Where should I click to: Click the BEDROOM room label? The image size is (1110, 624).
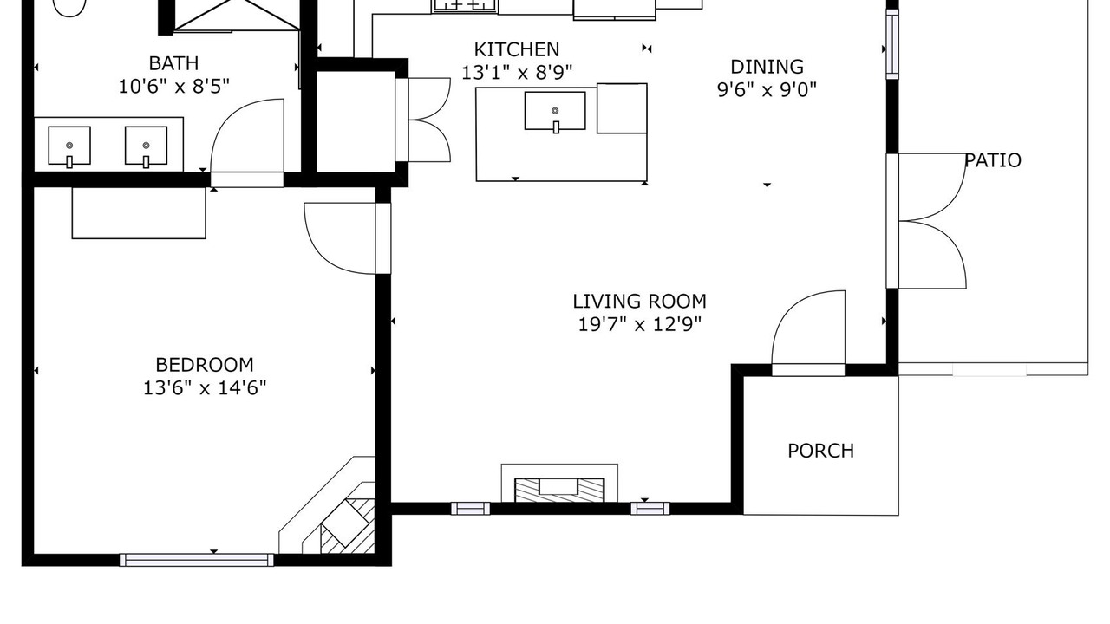click(205, 365)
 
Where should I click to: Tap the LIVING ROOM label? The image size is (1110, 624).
click(639, 302)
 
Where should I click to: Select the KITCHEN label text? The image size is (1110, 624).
click(517, 50)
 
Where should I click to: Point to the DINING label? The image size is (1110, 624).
click(767, 67)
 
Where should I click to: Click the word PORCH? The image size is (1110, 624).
click(821, 451)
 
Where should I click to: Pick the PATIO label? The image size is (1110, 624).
click(993, 160)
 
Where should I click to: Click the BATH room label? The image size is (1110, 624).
click(174, 63)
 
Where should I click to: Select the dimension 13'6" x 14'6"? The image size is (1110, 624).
click(205, 387)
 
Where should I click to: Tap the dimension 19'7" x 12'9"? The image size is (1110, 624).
click(640, 324)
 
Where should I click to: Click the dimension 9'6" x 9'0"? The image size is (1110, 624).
click(767, 89)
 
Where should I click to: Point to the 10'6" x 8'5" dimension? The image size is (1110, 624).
click(174, 86)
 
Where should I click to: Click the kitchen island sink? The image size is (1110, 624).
click(555, 112)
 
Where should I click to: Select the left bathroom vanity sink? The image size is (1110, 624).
click(69, 146)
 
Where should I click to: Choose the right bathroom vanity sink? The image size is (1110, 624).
click(147, 146)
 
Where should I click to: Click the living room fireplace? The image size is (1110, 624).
click(559, 484)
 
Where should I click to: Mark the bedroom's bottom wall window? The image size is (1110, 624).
click(197, 560)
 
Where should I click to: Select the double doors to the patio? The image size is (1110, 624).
click(926, 221)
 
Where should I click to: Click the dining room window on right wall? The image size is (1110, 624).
click(892, 44)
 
